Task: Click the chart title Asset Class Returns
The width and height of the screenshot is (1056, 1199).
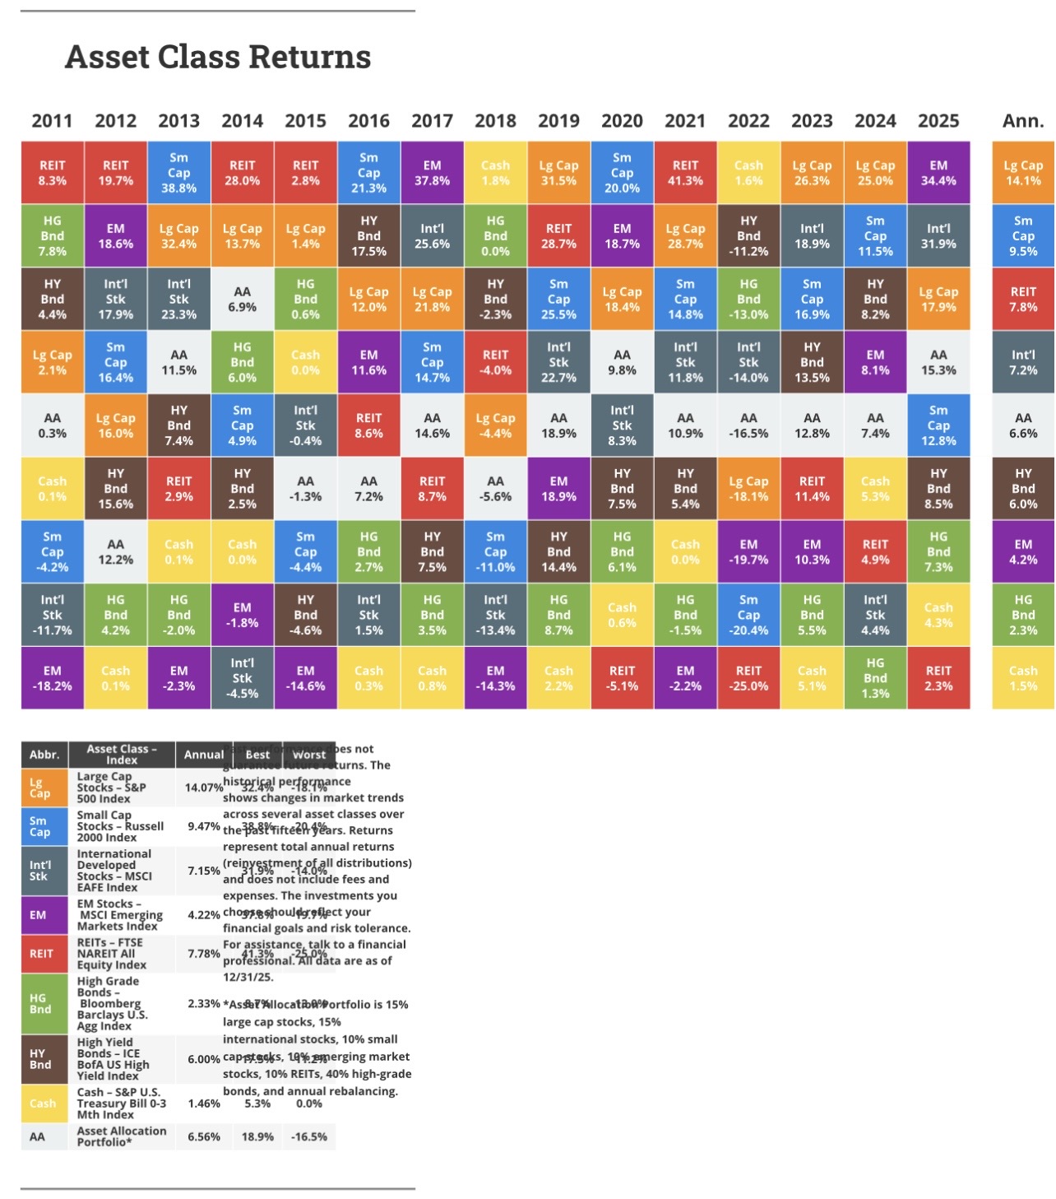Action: (218, 57)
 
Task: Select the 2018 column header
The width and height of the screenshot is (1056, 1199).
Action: (495, 121)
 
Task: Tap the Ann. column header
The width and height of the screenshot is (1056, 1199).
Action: (1023, 121)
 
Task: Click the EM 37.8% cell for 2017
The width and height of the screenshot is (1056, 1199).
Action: (432, 173)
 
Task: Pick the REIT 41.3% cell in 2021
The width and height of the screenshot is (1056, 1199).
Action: (685, 173)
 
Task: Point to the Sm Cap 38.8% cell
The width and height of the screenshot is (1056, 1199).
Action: (178, 173)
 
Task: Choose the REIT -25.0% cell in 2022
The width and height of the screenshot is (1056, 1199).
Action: (748, 678)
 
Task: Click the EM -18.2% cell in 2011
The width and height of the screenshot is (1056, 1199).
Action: (52, 678)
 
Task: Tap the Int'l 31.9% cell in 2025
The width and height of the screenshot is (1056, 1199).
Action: (938, 236)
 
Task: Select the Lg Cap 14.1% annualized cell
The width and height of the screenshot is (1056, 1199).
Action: (1023, 173)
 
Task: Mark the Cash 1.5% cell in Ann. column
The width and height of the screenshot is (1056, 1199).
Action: (1023, 678)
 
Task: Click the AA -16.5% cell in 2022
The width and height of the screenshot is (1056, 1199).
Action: (748, 425)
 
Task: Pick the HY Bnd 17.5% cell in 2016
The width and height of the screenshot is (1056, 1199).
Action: (368, 236)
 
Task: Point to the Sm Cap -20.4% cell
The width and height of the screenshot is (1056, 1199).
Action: (748, 615)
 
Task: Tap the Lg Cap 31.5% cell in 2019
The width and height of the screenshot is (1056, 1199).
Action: (558, 173)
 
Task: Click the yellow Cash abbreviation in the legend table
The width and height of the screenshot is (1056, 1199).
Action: (43, 1104)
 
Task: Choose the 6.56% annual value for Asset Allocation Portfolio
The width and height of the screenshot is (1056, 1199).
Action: (204, 1136)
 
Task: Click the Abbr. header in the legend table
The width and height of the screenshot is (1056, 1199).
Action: (44, 755)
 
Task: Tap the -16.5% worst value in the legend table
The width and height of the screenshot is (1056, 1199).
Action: (309, 1136)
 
